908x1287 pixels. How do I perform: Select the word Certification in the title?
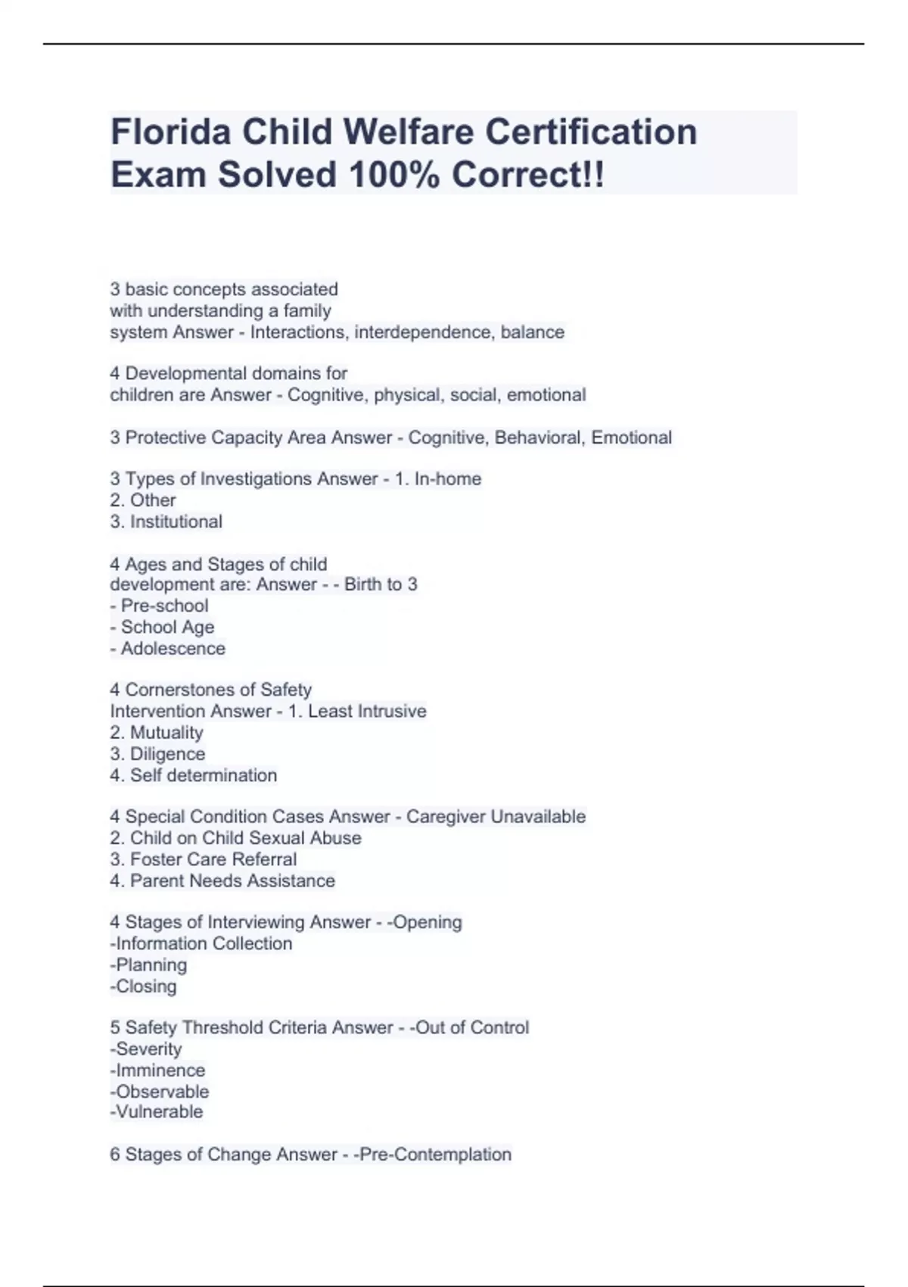pos(591,132)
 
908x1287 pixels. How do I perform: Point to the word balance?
pos(533,332)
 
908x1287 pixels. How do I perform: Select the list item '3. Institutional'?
pos(166,522)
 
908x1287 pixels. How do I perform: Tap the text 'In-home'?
pos(448,479)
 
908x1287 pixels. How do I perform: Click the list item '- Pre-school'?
pos(159,606)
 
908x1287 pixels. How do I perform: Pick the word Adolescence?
pos(173,649)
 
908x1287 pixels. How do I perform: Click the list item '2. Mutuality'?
pos(157,733)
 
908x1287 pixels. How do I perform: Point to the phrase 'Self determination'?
pos(204,775)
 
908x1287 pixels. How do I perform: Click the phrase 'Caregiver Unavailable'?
pos(496,817)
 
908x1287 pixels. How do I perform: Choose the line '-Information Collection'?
pos(201,944)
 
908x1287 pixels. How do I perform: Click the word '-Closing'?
pos(144,986)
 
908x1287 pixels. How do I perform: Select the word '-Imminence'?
pos(157,1070)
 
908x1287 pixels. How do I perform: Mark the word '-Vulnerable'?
pos(157,1112)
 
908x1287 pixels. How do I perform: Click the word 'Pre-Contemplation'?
pos(435,1155)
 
